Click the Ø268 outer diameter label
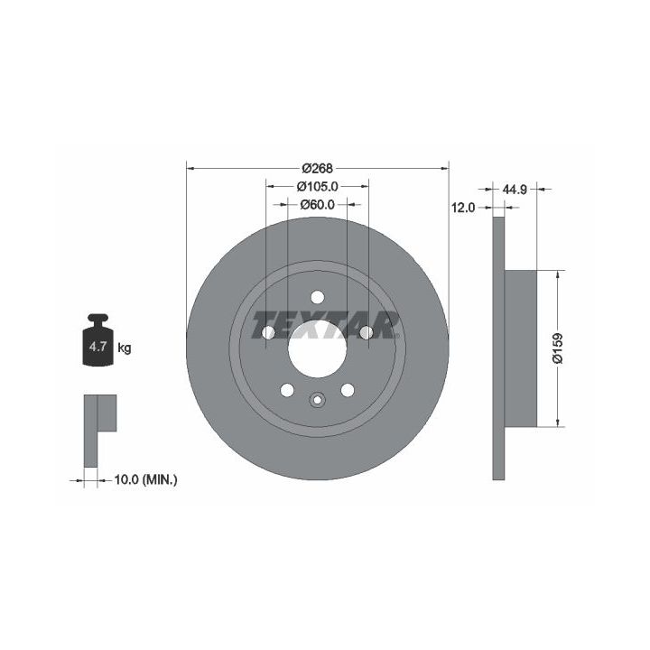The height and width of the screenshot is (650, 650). (317, 168)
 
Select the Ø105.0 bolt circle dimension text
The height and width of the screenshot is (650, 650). (317, 187)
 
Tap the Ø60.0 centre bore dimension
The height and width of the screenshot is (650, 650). (317, 205)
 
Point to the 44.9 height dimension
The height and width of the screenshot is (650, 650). (515, 190)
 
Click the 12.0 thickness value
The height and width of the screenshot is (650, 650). (463, 208)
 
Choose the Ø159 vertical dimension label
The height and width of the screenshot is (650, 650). (558, 348)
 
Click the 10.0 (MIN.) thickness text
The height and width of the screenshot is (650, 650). (145, 480)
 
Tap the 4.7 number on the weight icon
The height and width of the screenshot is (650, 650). (97, 347)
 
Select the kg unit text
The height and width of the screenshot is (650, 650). (125, 348)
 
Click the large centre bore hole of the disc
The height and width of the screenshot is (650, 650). (317, 348)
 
